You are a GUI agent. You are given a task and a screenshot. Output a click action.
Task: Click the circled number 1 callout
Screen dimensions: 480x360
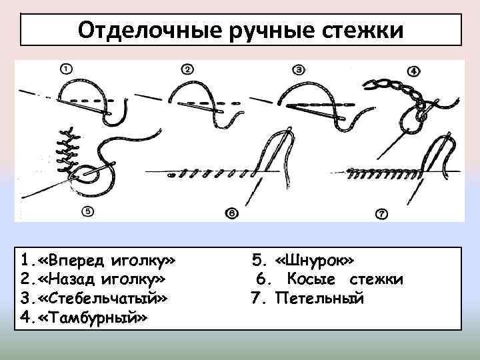[66, 68]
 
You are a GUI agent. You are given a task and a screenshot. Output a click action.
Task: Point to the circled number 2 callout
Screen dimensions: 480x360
[187, 69]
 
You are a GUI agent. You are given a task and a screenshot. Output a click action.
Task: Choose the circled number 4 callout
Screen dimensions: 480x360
[414, 71]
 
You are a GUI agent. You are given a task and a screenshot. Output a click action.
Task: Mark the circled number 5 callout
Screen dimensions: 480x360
[88, 212]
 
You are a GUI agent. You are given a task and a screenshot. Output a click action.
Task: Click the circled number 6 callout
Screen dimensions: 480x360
[231, 213]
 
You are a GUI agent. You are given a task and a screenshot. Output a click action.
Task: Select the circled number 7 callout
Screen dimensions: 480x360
[381, 214]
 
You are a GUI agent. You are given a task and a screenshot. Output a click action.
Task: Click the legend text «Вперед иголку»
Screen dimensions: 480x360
[104, 259]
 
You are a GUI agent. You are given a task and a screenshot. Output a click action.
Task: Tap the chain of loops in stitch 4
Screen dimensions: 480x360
[393, 91]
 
